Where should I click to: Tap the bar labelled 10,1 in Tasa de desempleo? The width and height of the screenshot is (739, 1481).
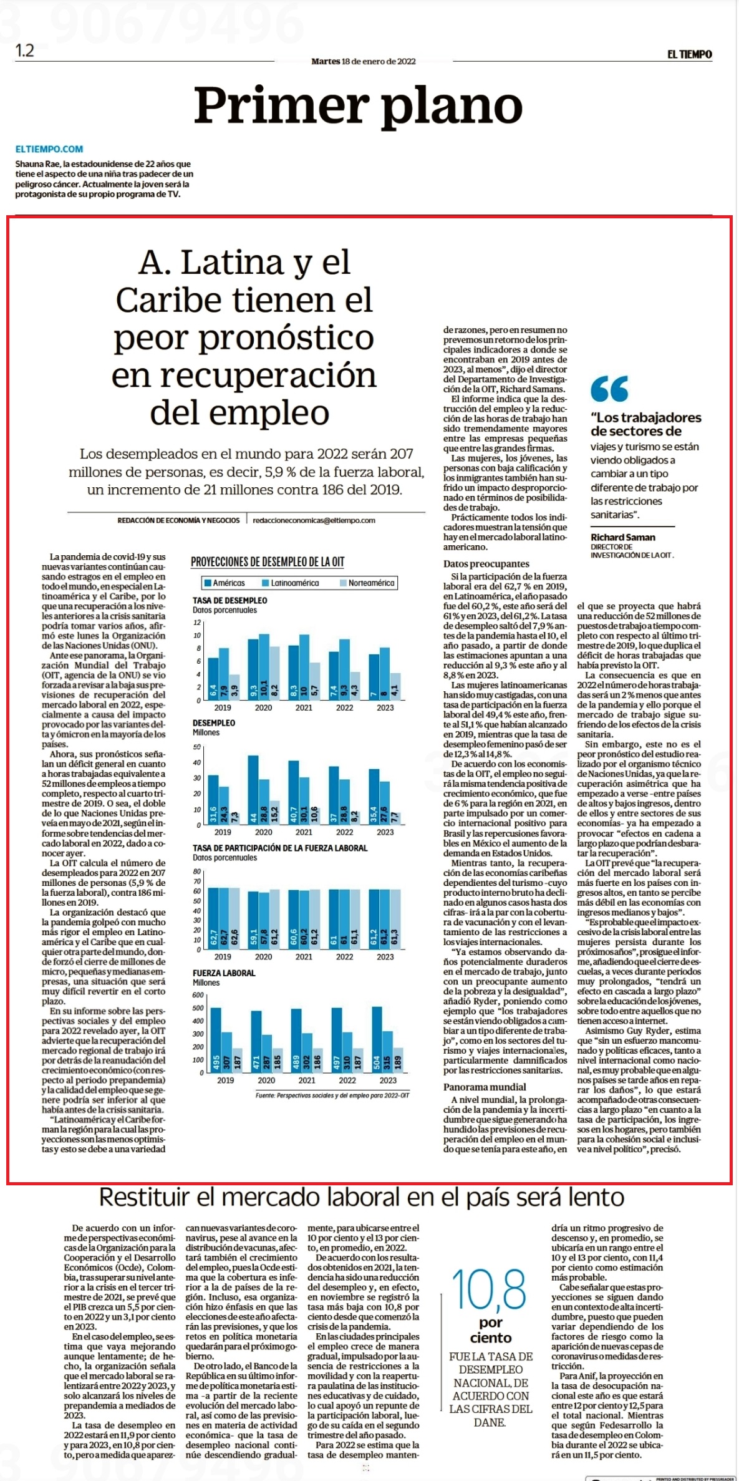click(264, 667)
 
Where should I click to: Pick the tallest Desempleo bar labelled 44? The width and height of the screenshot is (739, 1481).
click(253, 790)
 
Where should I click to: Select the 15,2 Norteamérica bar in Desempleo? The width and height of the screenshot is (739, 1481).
click(274, 812)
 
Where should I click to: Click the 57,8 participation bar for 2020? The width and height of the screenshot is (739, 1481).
click(264, 921)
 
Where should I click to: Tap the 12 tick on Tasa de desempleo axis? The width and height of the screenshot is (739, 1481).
click(197, 623)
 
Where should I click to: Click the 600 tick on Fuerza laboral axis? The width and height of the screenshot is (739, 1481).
click(198, 995)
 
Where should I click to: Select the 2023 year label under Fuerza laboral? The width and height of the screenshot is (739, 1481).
click(388, 1080)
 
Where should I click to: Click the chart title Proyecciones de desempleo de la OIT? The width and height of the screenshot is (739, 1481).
click(268, 562)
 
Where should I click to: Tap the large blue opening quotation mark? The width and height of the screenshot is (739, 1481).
click(609, 390)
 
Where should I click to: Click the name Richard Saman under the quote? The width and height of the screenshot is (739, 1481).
click(623, 537)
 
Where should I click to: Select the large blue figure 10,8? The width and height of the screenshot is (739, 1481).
click(489, 1288)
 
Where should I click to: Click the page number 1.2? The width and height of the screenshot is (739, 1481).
click(25, 51)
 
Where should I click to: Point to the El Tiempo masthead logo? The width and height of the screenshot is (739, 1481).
click(689, 54)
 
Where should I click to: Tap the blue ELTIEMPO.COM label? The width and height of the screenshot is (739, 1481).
click(49, 149)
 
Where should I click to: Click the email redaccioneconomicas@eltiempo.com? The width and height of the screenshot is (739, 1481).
click(314, 520)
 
